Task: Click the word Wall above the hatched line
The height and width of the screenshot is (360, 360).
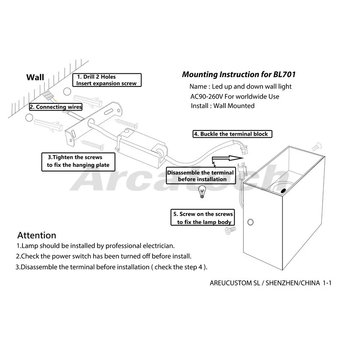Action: pos(35,78)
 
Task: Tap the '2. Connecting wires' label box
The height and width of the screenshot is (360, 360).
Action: pos(56,107)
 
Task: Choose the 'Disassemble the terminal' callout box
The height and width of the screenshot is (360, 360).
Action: pos(200,176)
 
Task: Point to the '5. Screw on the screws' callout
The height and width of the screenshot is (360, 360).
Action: pos(202,218)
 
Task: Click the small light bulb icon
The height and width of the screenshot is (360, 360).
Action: pos(202,193)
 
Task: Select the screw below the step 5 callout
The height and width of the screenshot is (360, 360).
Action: pos(230,231)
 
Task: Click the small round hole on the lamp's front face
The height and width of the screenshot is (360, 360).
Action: pos(250,222)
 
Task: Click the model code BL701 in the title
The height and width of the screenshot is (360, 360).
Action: pos(283,75)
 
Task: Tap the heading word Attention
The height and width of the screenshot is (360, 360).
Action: pos(36,235)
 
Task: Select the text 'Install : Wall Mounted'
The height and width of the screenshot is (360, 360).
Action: pos(222,106)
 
